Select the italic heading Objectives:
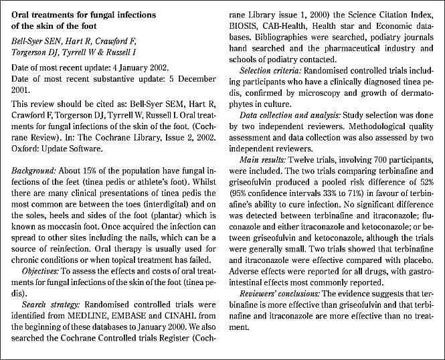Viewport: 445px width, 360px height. click(44, 272)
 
